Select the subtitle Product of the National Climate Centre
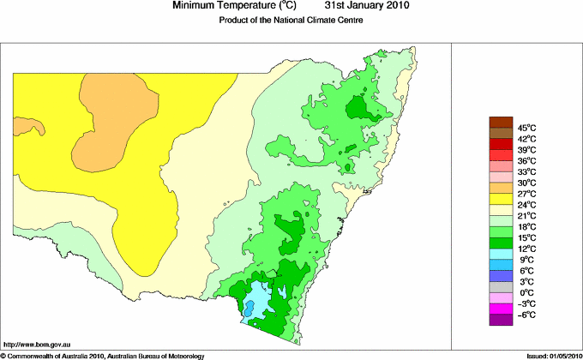tap(291, 20)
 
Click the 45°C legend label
tap(526, 127)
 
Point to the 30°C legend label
tap(526, 183)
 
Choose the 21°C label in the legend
tap(526, 215)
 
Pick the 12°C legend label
tap(526, 249)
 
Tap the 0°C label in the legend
tap(526, 293)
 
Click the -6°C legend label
tap(526, 315)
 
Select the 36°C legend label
tap(526, 160)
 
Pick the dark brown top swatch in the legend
tap(500, 121)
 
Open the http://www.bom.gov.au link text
tap(37, 343)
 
